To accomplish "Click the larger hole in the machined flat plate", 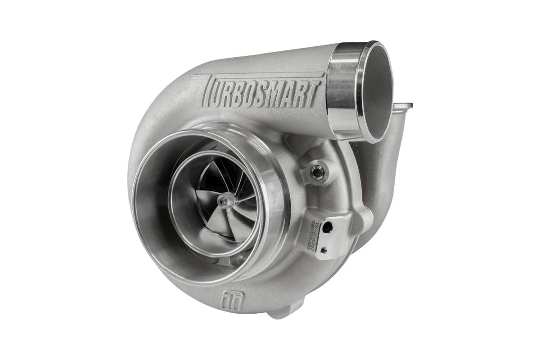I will (x=328, y=228).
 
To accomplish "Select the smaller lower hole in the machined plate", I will (x=324, y=251).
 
